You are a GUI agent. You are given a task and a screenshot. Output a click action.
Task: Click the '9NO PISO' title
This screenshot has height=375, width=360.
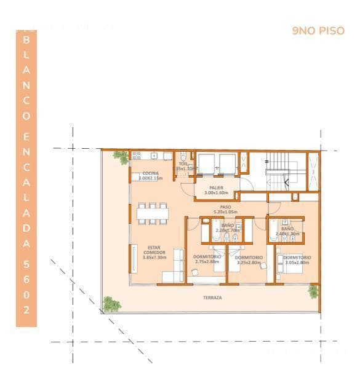click(318, 31)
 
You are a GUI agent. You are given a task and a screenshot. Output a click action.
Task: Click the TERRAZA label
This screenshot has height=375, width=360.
click(212, 298)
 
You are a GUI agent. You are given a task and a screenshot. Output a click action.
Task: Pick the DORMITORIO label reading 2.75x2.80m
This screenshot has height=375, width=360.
click(207, 259)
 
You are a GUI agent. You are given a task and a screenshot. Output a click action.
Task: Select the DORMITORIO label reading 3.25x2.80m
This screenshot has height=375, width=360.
click(249, 259)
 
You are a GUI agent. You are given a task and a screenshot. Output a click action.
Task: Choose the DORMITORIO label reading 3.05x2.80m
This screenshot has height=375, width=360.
click(297, 259)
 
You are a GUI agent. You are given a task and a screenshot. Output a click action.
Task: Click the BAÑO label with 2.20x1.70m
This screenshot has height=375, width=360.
click(227, 227)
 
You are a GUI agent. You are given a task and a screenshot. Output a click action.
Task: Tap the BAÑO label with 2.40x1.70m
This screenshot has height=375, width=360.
click(287, 231)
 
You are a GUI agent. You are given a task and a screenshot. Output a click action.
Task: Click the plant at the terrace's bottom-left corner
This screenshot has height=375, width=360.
click(111, 304)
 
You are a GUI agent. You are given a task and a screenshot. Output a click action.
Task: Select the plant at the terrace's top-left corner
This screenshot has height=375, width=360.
click(122, 157)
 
